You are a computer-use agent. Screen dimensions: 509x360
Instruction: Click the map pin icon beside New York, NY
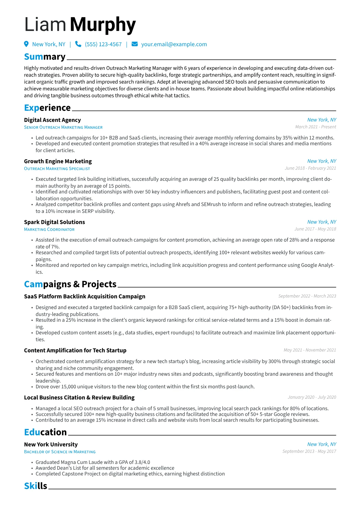coord(26,44)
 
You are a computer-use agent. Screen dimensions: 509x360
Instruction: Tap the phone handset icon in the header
coord(78,44)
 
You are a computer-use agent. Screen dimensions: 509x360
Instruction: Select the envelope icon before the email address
coord(135,44)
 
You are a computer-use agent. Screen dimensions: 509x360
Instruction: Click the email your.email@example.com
coord(174,44)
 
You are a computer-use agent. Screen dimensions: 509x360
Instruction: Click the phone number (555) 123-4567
coord(103,44)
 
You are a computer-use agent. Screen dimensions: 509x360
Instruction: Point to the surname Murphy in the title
coord(103,25)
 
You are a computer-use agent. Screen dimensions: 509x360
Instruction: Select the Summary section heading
coord(45,57)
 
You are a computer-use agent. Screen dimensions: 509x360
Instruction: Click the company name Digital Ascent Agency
coord(52,120)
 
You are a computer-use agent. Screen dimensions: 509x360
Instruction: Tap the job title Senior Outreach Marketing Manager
coord(63,127)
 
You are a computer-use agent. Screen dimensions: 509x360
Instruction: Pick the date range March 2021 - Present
coord(316,127)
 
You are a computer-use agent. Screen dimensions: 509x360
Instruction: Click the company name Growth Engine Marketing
coord(58,162)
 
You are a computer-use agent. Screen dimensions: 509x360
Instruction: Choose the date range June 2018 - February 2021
coord(310,168)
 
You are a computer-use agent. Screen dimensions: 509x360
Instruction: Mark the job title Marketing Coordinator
coord(49,230)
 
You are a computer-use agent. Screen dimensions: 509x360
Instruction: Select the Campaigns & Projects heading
coord(70,284)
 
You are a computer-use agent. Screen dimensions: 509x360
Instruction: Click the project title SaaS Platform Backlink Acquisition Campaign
coord(85,296)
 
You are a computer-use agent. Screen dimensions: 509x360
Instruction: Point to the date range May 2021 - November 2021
coord(310,350)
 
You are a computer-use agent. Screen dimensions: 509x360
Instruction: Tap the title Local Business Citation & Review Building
coord(79,398)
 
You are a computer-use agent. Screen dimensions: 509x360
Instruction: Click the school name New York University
coord(51,445)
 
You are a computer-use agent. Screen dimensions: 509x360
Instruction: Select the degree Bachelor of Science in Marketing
coord(60,452)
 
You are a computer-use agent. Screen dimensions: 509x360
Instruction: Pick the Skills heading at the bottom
coord(36,486)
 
